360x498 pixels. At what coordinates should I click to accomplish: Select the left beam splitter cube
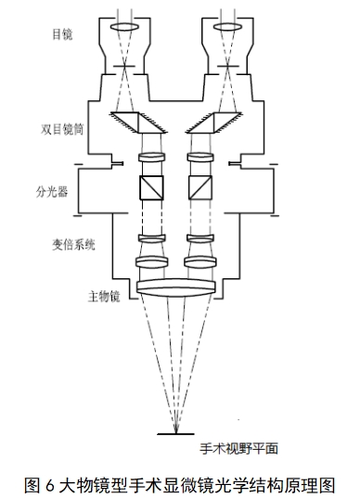click(149, 190)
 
